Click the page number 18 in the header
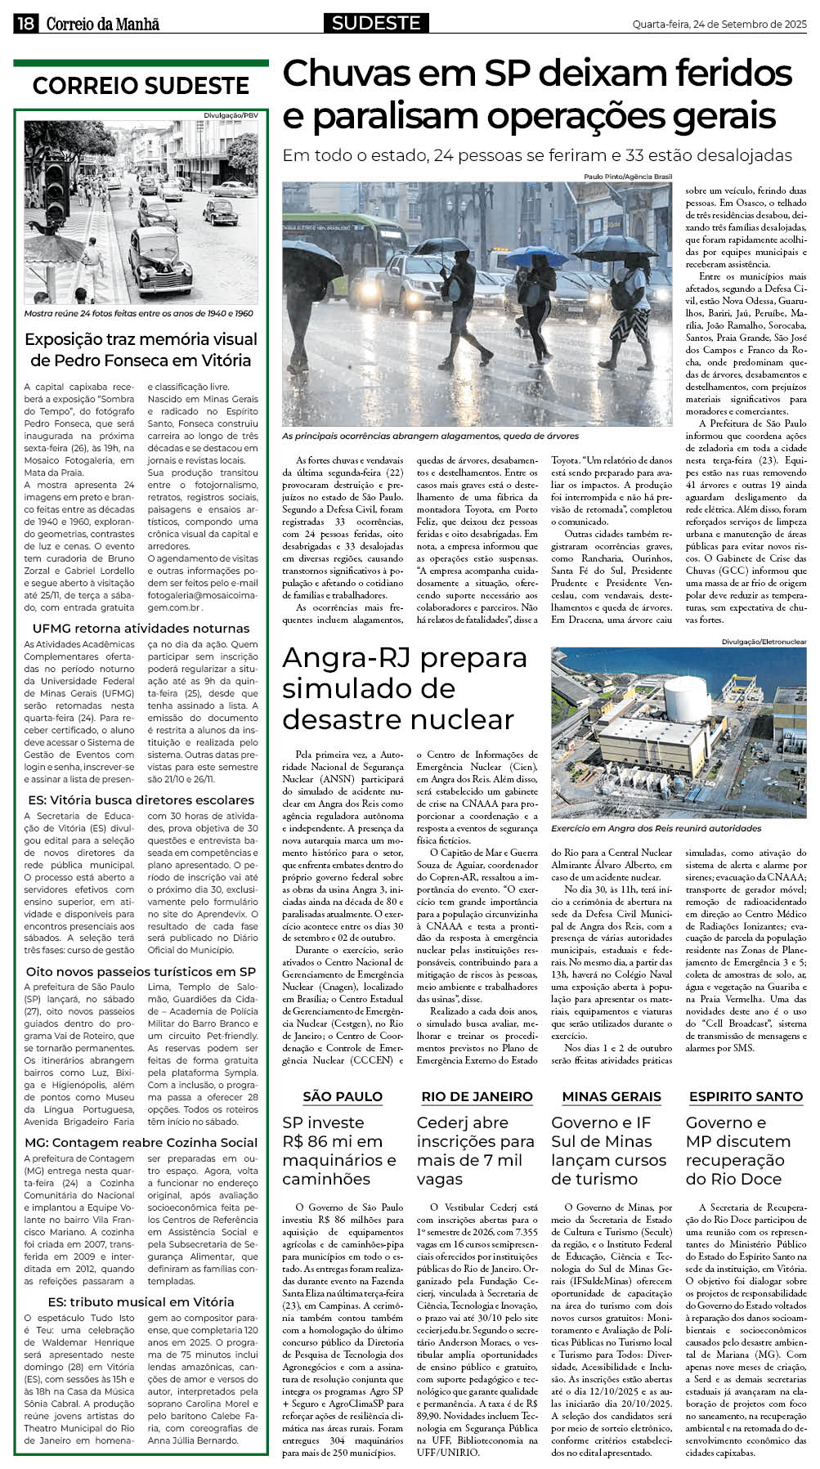(25, 25)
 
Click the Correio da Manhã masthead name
(102, 25)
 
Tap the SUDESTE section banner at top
(376, 24)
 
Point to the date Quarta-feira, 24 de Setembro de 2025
(719, 25)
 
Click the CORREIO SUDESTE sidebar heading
(141, 86)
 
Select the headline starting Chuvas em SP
(536, 96)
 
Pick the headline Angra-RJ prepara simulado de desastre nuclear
(405, 688)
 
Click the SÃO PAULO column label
(343, 1096)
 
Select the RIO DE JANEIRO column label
(477, 1096)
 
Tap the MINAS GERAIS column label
(611, 1096)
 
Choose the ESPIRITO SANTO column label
(746, 1096)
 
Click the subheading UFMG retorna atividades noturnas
(141, 628)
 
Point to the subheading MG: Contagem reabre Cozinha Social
(141, 1142)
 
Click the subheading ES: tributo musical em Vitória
(141, 1301)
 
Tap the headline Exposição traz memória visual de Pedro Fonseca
(141, 349)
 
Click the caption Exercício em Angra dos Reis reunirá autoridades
(656, 828)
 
